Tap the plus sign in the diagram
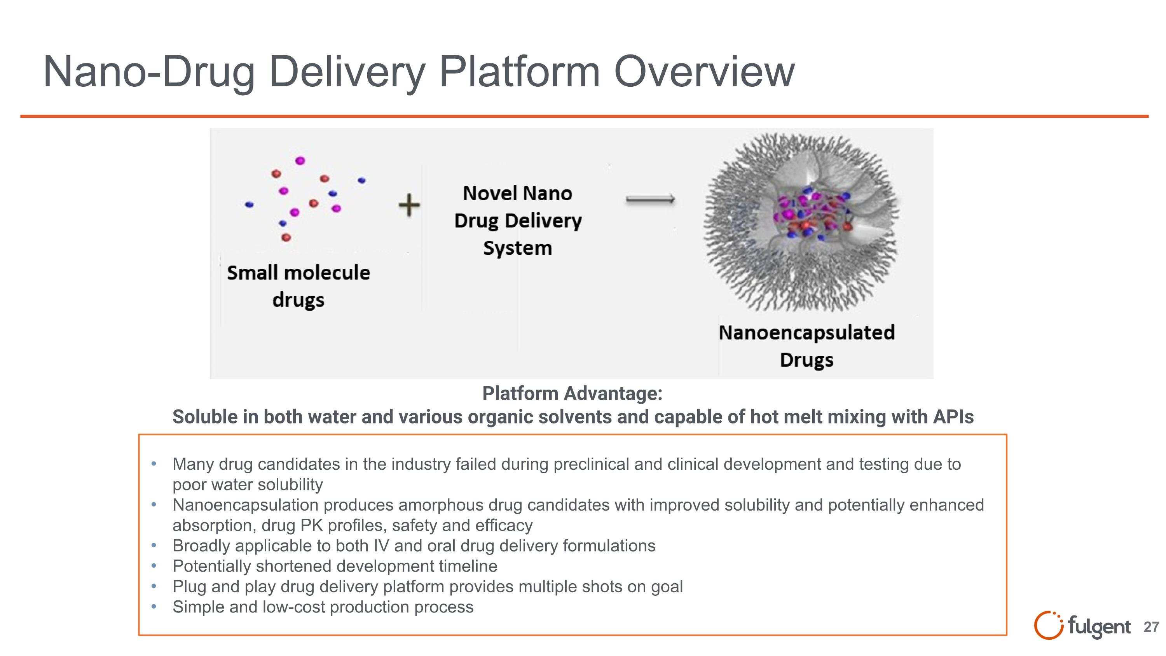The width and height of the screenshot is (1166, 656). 409,205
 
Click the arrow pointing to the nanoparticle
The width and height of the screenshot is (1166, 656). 650,199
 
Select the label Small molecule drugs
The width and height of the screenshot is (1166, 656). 298,286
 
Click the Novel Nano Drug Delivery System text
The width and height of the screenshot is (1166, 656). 517,220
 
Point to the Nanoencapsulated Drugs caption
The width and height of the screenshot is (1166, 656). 806,345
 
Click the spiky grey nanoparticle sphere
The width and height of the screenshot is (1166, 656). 800,222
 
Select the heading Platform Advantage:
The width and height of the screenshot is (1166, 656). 572,393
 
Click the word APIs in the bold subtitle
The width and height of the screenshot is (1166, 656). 953,416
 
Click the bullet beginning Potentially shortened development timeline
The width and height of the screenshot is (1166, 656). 335,566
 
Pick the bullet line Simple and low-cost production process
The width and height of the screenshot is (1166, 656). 323,607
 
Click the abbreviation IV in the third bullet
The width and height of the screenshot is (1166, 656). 381,546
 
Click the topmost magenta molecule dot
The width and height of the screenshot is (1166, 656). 300,160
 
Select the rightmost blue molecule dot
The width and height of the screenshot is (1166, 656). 362,180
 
